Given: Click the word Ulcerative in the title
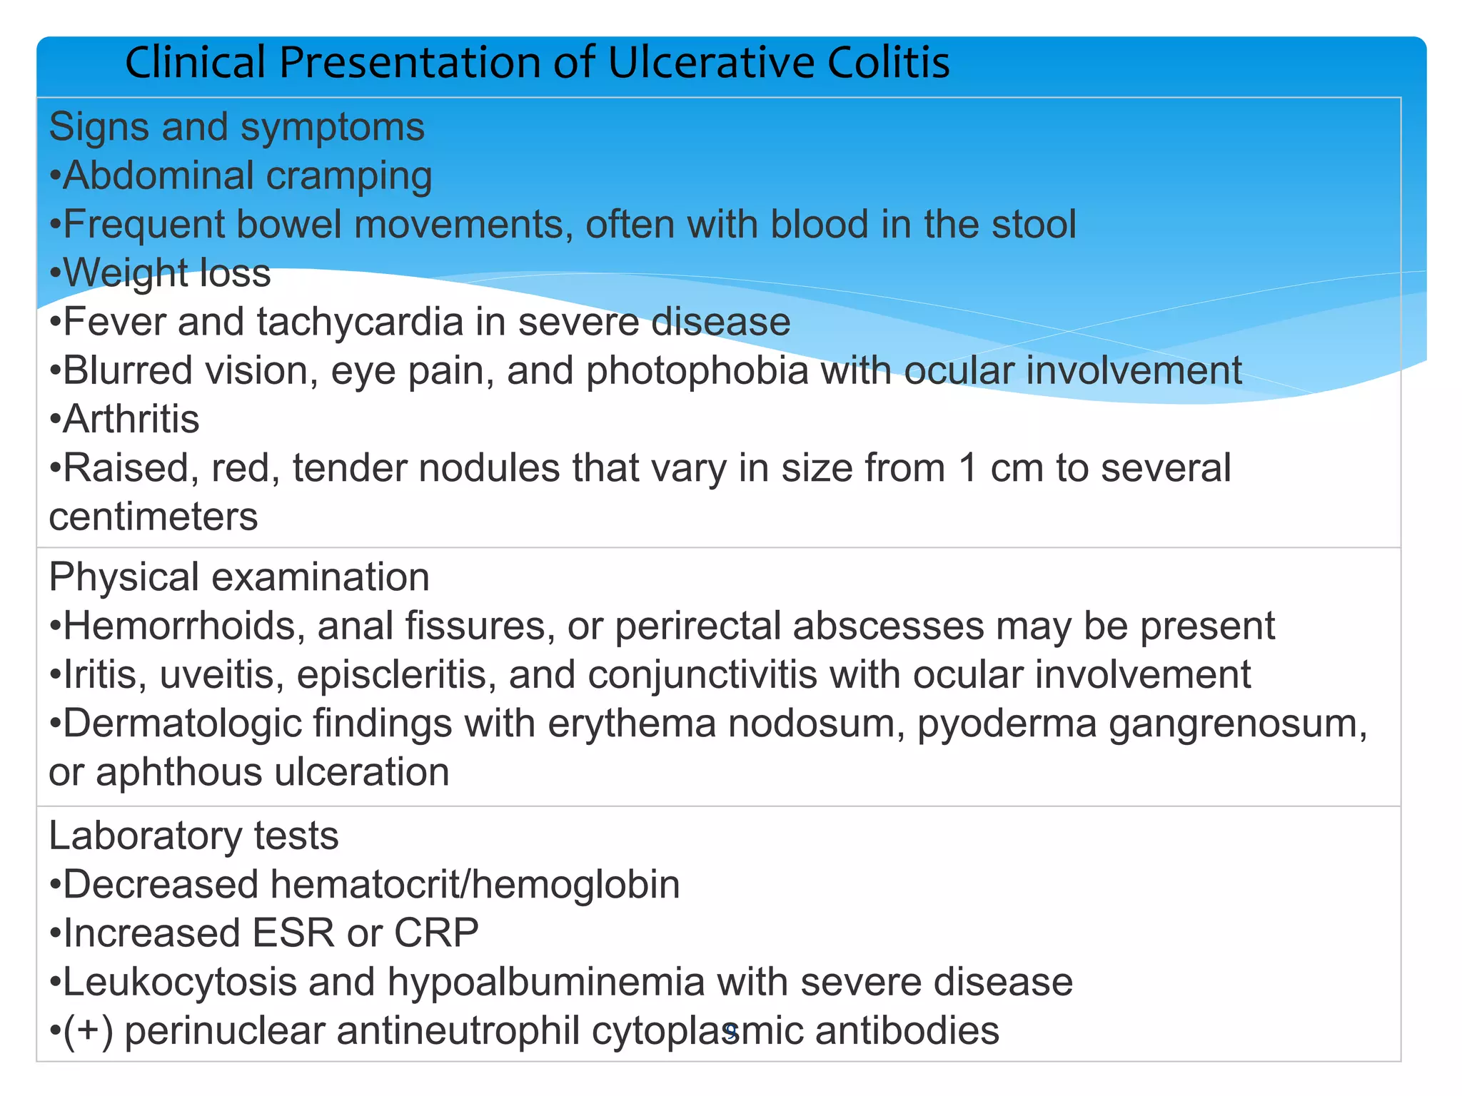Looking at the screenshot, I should click(711, 63).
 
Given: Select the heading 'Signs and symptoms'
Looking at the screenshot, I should click(236, 128).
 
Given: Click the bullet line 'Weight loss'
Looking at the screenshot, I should click(161, 273).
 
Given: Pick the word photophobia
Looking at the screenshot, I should click(697, 371).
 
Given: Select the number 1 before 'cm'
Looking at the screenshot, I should click(968, 469).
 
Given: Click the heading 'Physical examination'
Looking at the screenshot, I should click(239, 577).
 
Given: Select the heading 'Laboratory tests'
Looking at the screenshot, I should click(193, 836).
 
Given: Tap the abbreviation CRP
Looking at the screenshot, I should click(436, 933).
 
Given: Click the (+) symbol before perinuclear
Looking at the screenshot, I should click(89, 1032).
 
